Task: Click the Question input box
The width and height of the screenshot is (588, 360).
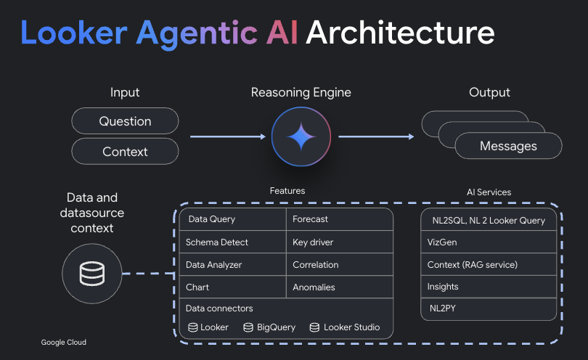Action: [x=125, y=121]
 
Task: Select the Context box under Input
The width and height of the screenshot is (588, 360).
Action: [x=125, y=152]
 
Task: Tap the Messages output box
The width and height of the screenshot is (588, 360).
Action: [x=508, y=146]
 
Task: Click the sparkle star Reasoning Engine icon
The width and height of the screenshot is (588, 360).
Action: [x=301, y=136]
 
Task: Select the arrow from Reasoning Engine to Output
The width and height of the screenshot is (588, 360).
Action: [x=376, y=136]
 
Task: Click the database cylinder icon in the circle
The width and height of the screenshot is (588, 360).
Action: [x=91, y=274]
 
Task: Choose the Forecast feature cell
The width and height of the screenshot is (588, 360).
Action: [x=339, y=219]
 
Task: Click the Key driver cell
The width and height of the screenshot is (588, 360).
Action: [x=339, y=242]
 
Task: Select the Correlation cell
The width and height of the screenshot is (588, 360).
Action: [x=339, y=265]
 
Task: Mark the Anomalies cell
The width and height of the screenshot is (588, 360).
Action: [x=339, y=287]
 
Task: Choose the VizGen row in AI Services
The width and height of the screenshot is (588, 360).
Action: [x=489, y=242]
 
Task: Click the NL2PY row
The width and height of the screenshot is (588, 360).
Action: [x=489, y=308]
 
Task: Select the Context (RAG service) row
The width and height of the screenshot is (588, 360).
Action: [x=489, y=265]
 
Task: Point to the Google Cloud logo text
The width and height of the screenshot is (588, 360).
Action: [x=63, y=343]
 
